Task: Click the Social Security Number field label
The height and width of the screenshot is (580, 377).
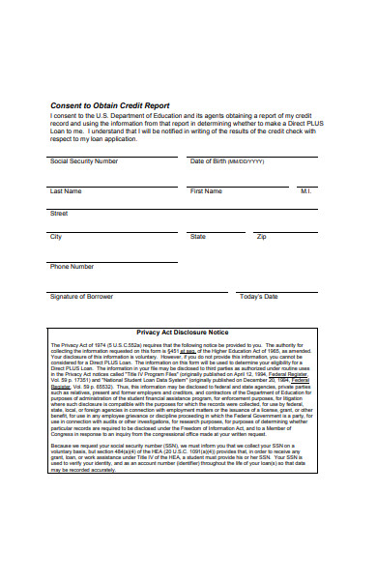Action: pos(84,160)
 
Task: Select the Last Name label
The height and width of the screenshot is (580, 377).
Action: pos(66,191)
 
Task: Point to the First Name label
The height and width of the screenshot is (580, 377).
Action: pos(206,191)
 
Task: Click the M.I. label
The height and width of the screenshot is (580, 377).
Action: pos(305,191)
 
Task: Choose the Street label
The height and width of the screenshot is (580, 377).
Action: pos(59,213)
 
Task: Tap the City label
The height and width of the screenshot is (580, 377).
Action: pos(56,236)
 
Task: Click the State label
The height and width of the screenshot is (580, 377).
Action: pos(198,236)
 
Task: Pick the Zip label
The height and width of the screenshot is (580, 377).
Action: pos(261,236)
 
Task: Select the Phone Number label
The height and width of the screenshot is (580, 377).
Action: pos(72,266)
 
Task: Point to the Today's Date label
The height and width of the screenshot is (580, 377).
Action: pos(258,297)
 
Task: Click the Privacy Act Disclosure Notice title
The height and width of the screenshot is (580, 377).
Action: pos(183,333)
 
